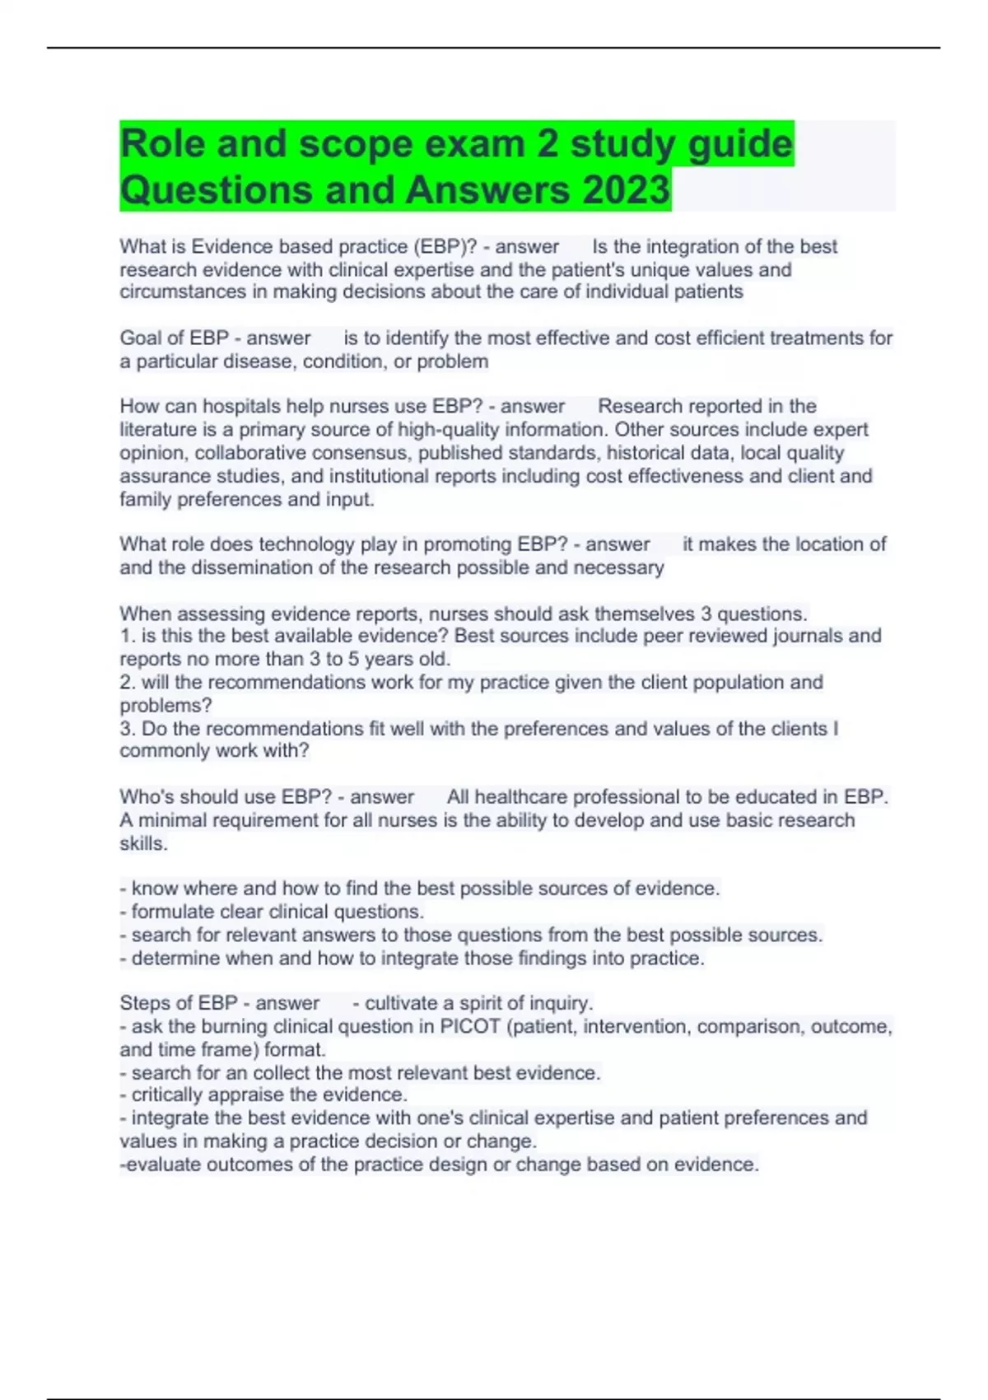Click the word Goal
pos(140,338)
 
